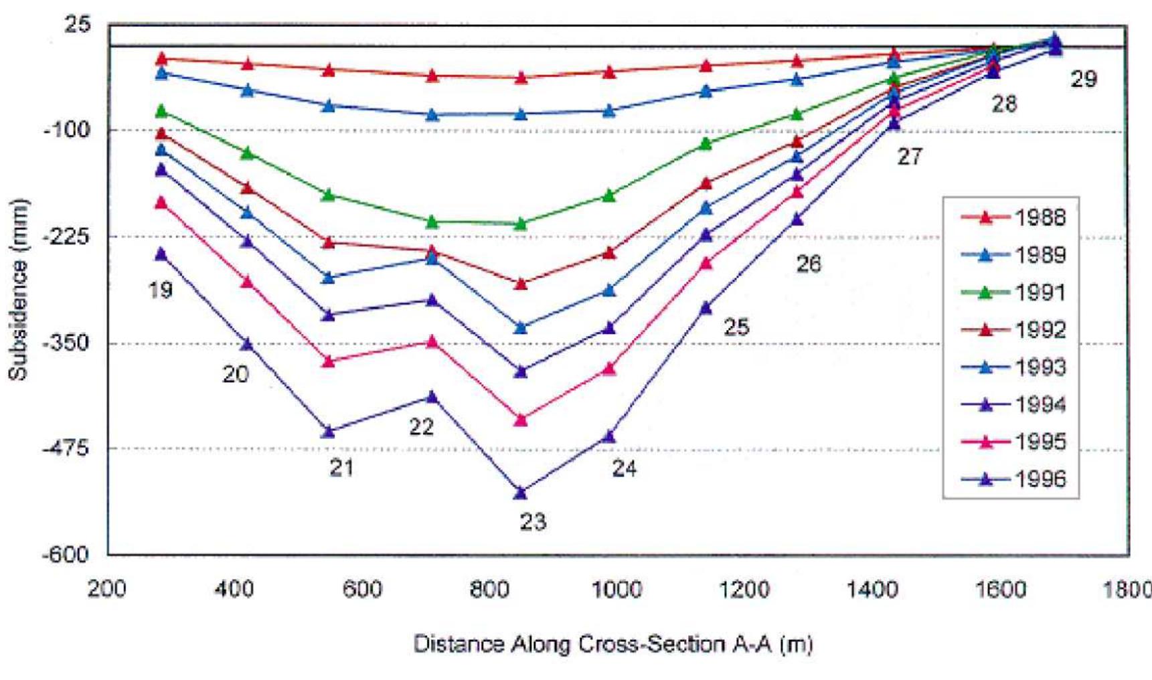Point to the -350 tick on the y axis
[66, 343]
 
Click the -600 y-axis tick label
[66, 554]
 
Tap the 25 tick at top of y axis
[78, 25]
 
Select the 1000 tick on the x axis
[617, 590]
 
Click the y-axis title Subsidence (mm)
[18, 289]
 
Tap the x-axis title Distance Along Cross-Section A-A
[612, 644]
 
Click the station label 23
[533, 521]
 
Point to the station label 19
[160, 290]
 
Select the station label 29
[1084, 80]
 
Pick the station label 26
[808, 264]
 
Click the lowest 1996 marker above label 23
[521, 493]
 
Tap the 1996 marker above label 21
[328, 432]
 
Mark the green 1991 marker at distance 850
[521, 224]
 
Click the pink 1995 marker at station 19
[161, 202]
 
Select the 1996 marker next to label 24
[608, 436]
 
